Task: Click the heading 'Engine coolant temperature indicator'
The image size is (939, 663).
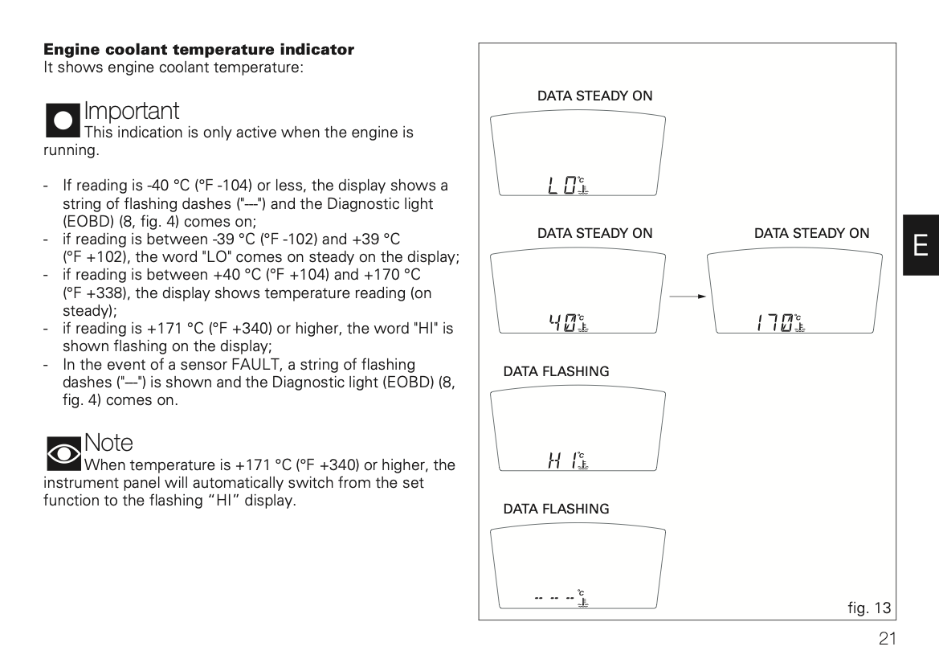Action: coord(198,50)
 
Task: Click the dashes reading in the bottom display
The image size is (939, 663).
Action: coord(555,599)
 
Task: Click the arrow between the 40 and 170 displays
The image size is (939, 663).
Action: coord(688,297)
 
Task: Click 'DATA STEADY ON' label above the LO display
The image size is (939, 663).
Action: coord(594,96)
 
